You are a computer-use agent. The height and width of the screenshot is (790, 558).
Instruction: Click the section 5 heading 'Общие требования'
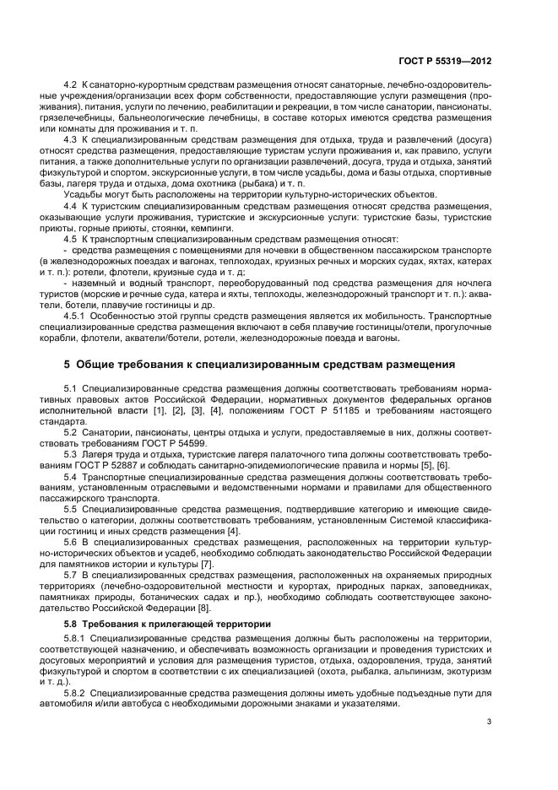260,364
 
